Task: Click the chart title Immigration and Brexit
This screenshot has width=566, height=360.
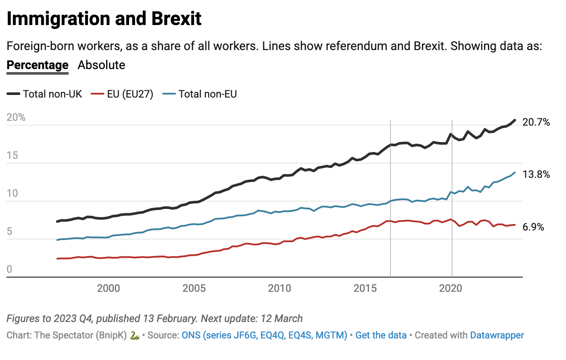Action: tap(104, 19)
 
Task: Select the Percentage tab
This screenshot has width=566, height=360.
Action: tap(38, 65)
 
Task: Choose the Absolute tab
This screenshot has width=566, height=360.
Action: tap(101, 65)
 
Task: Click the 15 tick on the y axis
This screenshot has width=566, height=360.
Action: tap(13, 156)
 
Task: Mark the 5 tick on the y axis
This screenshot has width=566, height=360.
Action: tap(10, 232)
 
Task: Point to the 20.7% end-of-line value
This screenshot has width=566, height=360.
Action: tap(536, 123)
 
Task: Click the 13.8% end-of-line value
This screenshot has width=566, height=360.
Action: tap(536, 175)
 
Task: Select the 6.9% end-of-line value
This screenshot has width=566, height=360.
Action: tap(533, 227)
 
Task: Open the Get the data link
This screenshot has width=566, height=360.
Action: tap(381, 335)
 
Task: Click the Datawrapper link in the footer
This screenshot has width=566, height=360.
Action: tap(497, 335)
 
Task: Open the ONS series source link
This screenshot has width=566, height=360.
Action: tap(264, 335)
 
